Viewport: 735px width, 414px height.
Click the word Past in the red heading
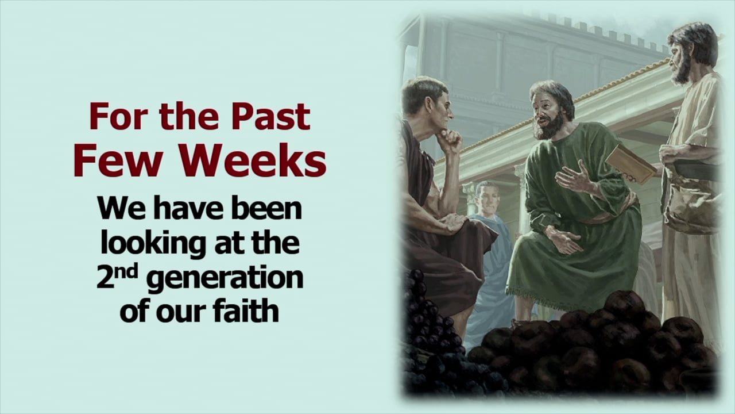click(x=270, y=116)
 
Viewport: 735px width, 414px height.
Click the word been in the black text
click(x=266, y=208)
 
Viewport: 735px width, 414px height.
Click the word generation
click(x=225, y=279)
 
